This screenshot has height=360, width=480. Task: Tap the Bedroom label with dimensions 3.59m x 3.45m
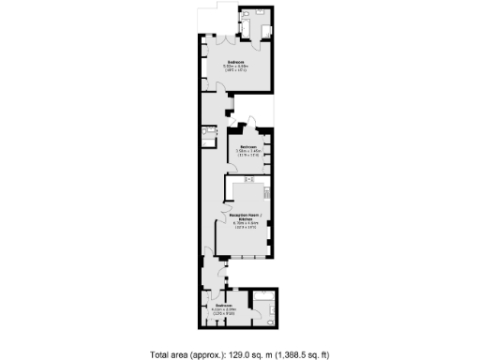point(247,147)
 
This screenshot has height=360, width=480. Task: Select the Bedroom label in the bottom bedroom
point(223,306)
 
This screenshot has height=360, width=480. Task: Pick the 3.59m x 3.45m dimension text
point(247,152)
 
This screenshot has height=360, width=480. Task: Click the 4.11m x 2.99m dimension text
point(223,310)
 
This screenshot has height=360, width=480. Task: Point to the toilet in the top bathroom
point(246,16)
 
